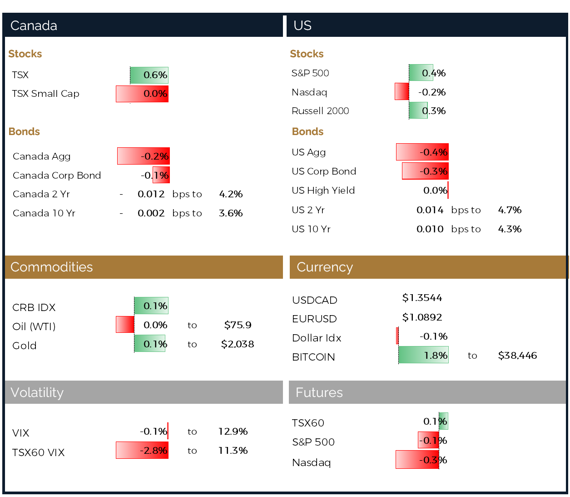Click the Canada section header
pyautogui.click(x=34, y=25)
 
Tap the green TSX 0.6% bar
pyautogui.click(x=149, y=75)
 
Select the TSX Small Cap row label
pyautogui.click(x=45, y=94)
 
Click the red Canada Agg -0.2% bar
pyautogui.click(x=143, y=156)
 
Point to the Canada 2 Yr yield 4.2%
pyautogui.click(x=231, y=194)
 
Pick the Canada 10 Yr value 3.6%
pyautogui.click(x=231, y=213)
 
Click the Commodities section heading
pyautogui.click(x=51, y=267)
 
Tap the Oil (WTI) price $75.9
pyautogui.click(x=238, y=325)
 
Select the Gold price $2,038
pyautogui.click(x=238, y=344)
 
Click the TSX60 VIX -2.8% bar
pyautogui.click(x=142, y=450)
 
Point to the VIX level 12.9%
pyautogui.click(x=233, y=432)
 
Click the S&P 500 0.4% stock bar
pyautogui.click(x=421, y=73)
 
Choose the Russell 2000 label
pyautogui.click(x=320, y=111)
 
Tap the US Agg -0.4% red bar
pyautogui.click(x=422, y=152)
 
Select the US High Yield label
pyautogui.click(x=323, y=191)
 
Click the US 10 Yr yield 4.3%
pyautogui.click(x=510, y=229)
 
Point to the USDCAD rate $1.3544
pyautogui.click(x=422, y=298)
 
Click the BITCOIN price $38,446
pyautogui.click(x=517, y=356)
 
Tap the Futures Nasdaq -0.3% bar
pyautogui.click(x=417, y=460)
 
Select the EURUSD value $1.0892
pyautogui.click(x=422, y=317)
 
